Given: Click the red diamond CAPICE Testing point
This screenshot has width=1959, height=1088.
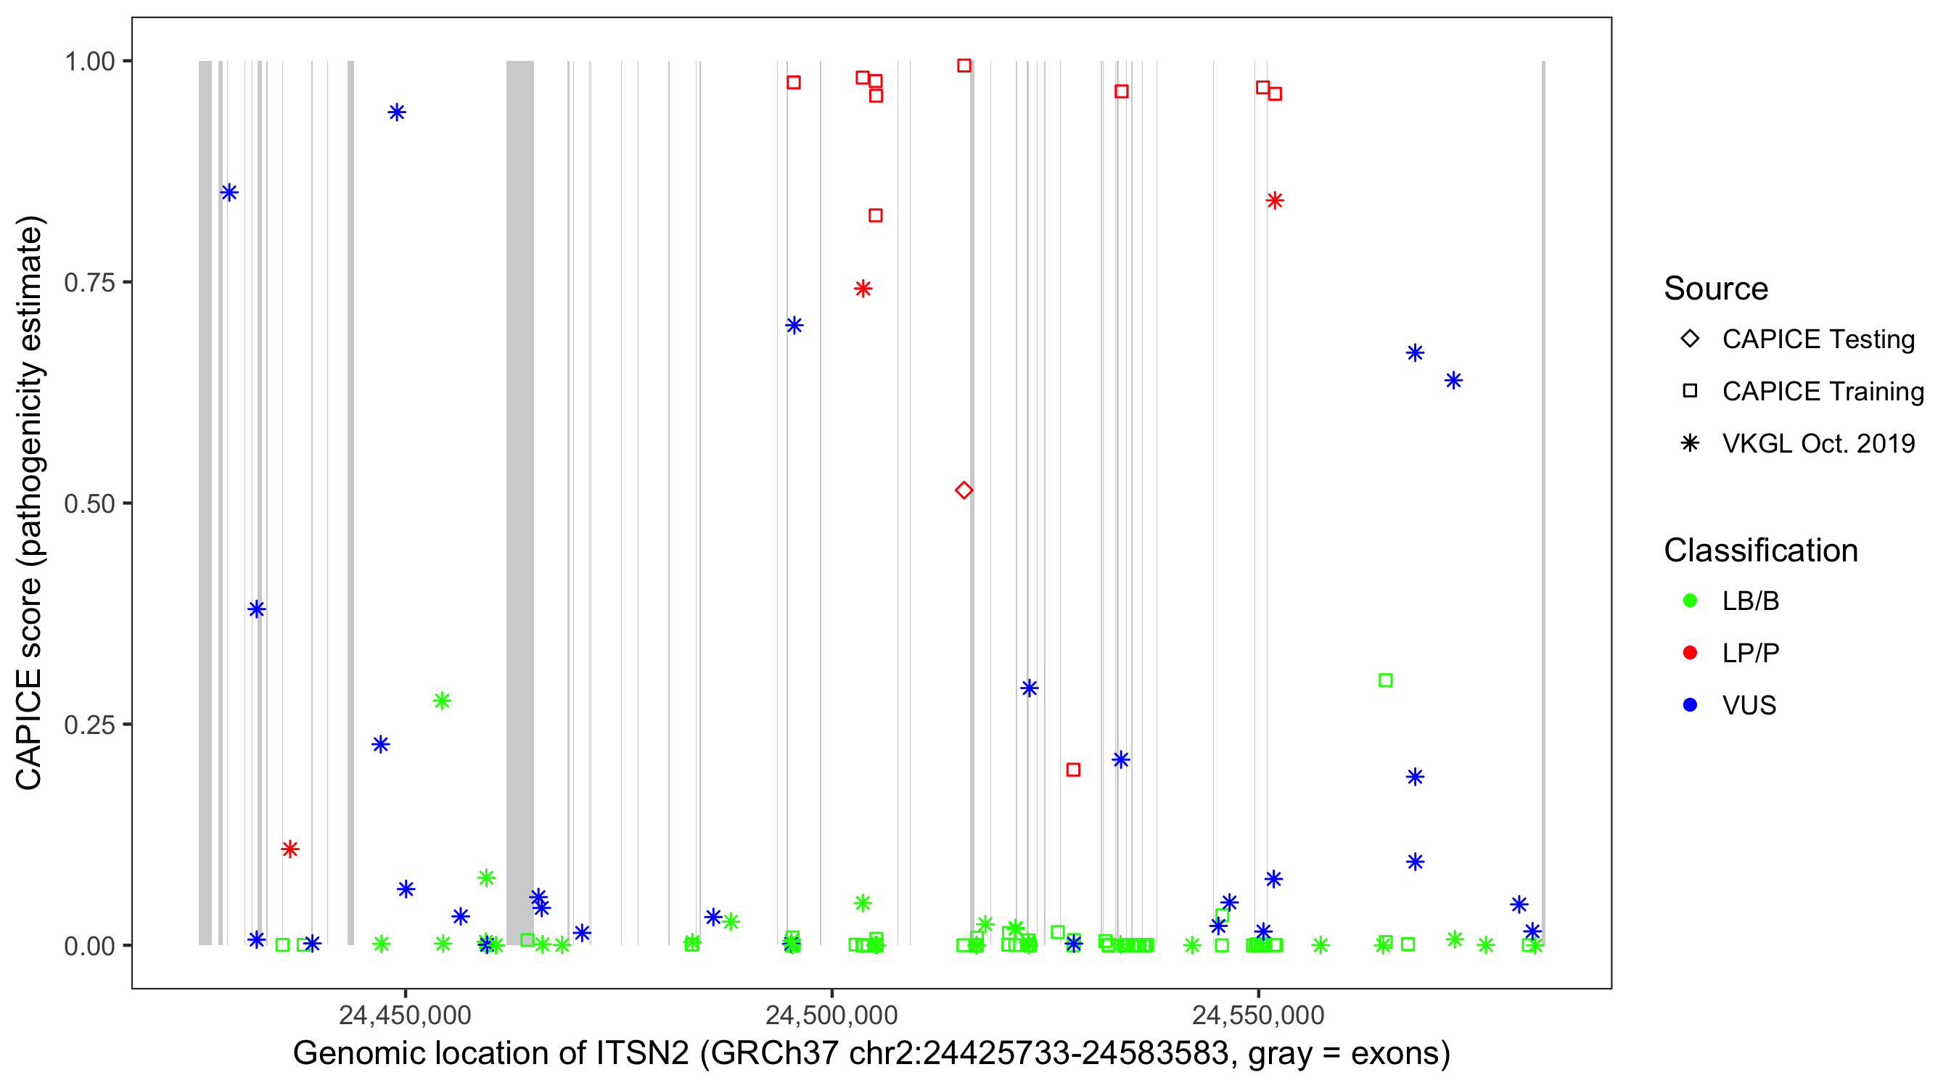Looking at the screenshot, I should tap(964, 490).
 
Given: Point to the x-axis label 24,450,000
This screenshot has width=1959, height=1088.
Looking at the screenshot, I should tap(405, 1015).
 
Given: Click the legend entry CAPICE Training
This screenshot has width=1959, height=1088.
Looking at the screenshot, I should tap(1822, 392).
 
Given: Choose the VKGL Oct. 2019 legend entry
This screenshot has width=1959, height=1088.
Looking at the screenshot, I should tap(1818, 443).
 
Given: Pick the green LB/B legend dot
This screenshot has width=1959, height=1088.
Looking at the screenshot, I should tap(1690, 601).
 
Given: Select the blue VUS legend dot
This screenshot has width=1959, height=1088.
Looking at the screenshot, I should tap(1690, 705).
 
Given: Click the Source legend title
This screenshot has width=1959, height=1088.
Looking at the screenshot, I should tap(1716, 289).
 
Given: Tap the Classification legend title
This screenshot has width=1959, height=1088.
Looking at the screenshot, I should tap(1760, 551).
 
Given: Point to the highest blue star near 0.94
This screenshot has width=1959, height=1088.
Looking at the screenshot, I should tap(396, 112).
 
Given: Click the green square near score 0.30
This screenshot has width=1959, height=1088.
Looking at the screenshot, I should tap(1386, 680).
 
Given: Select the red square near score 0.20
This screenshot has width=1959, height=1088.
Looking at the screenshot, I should tap(1073, 770).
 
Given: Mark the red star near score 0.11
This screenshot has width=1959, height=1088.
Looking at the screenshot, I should tap(289, 849).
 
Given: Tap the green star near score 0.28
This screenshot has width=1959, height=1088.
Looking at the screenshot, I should tap(442, 700).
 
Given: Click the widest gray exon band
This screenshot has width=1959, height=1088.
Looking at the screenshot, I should tap(520, 503).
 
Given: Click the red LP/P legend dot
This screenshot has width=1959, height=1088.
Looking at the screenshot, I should tap(1690, 653).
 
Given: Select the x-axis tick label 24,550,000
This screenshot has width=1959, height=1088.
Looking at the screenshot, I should tap(1258, 1015).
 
